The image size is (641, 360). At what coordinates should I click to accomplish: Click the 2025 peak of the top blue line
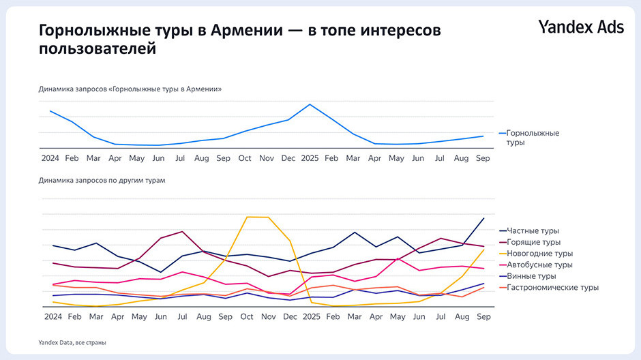pyautogui.click(x=310, y=104)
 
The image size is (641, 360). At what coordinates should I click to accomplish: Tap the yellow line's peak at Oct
pyautogui.click(x=247, y=217)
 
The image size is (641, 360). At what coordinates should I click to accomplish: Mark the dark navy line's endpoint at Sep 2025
pyautogui.click(x=483, y=218)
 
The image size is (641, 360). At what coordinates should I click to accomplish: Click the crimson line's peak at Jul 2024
pyautogui.click(x=182, y=232)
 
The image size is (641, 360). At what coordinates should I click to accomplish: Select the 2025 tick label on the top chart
pyautogui.click(x=310, y=158)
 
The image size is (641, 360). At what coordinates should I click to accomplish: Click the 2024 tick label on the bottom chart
pyautogui.click(x=50, y=317)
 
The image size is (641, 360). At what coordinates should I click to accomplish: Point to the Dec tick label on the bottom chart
pyautogui.click(x=289, y=317)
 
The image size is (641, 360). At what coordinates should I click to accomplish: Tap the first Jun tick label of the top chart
pyautogui.click(x=159, y=158)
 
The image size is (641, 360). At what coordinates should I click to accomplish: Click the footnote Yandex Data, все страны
pyautogui.click(x=72, y=342)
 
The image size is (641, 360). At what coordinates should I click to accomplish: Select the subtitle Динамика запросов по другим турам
pyautogui.click(x=102, y=181)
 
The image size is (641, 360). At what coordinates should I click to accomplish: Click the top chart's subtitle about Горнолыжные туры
pyautogui.click(x=130, y=89)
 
